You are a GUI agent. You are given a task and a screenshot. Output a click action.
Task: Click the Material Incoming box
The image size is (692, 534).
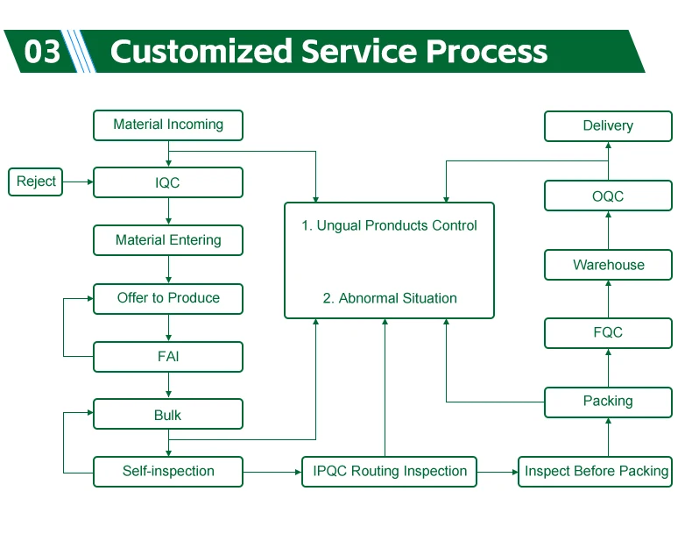point(168,125)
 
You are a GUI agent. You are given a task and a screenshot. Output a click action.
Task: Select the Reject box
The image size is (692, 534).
point(36,182)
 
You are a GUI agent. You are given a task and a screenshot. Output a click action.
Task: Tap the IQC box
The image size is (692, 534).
point(168,182)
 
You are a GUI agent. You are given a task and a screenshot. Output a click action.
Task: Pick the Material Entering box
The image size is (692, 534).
point(168,240)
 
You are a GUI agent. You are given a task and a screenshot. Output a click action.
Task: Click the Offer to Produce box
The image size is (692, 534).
point(168,298)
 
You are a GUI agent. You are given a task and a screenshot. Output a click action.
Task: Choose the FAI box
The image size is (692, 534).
point(168,357)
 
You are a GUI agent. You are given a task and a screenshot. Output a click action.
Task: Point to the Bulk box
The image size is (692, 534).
point(168,415)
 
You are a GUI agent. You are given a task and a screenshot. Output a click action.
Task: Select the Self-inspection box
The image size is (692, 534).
point(168,472)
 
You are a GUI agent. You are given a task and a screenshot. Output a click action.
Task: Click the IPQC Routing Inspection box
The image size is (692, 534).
point(390,472)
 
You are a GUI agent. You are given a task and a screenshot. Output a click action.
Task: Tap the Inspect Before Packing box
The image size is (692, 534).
point(596,472)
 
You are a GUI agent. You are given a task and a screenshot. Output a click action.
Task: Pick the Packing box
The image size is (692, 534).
point(608,402)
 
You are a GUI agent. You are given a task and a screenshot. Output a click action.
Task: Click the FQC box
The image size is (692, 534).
point(608,333)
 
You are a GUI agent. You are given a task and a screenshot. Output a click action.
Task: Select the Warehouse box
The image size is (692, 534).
point(608,265)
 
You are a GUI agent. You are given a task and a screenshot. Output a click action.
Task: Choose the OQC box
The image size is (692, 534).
point(608,196)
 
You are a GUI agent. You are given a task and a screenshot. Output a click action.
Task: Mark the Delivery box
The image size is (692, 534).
point(608,126)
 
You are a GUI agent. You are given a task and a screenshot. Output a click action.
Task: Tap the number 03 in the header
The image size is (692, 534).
point(42,52)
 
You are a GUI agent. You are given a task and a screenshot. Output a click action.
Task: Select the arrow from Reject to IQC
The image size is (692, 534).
point(78,182)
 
